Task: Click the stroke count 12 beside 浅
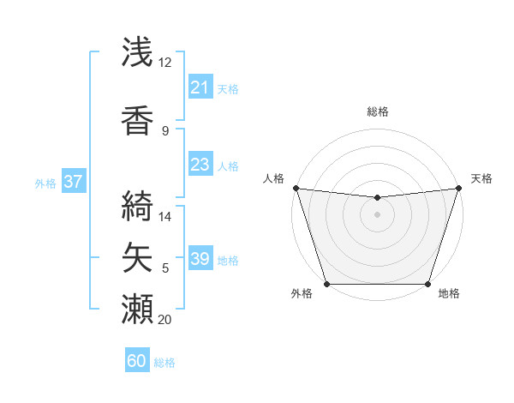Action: coord(165,63)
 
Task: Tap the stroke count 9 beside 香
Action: coord(165,131)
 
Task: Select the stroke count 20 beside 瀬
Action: coord(165,320)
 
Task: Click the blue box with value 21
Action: coord(200,87)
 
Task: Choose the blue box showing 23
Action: coord(200,165)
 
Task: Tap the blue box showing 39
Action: coord(200,259)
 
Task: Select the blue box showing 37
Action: coord(73,182)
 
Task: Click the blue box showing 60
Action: coord(137,361)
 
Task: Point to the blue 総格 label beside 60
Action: coord(164,363)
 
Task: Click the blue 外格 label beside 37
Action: coord(45,183)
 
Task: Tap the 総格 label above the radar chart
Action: coord(377,111)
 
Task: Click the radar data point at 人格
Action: coord(296,188)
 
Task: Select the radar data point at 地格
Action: coord(427,284)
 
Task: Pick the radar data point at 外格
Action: coord(326,284)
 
